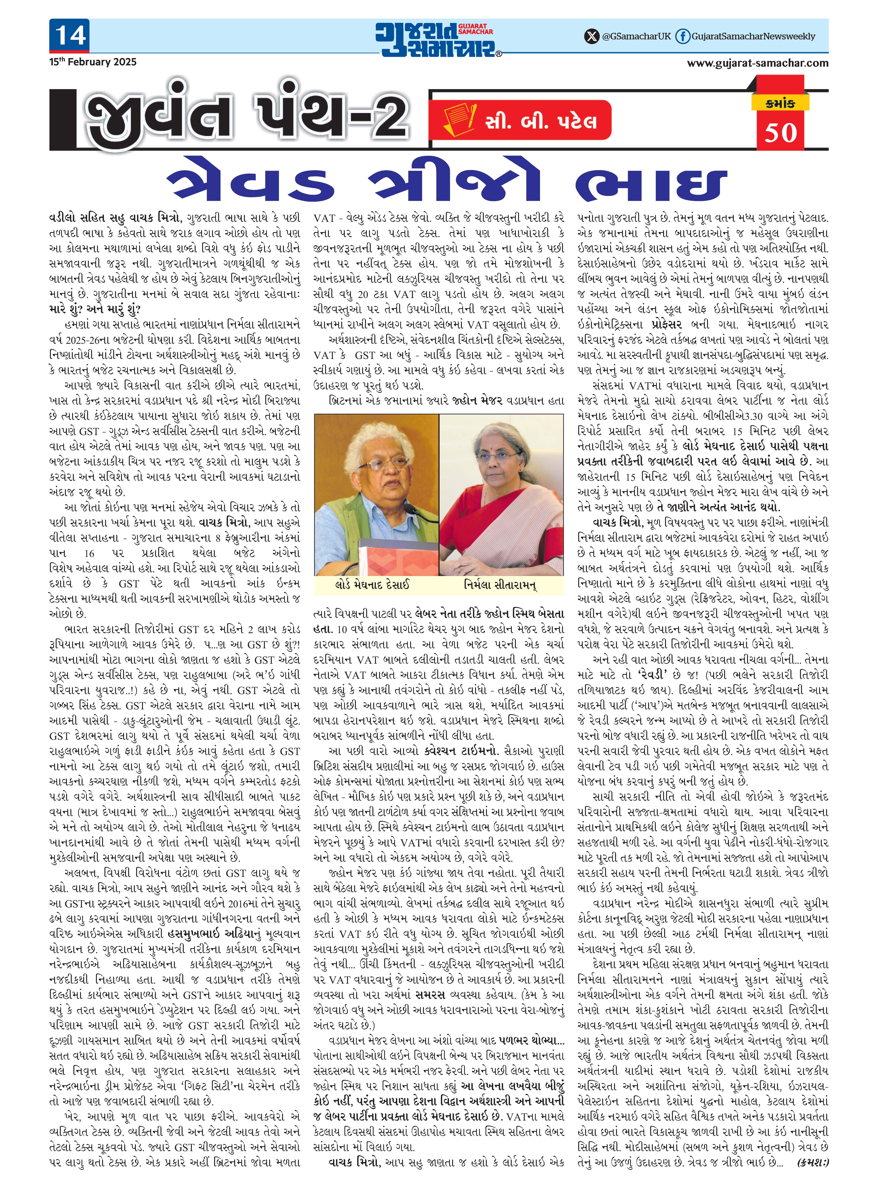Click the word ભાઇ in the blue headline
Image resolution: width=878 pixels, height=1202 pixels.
651,184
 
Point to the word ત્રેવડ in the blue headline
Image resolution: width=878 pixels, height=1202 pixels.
250,184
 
